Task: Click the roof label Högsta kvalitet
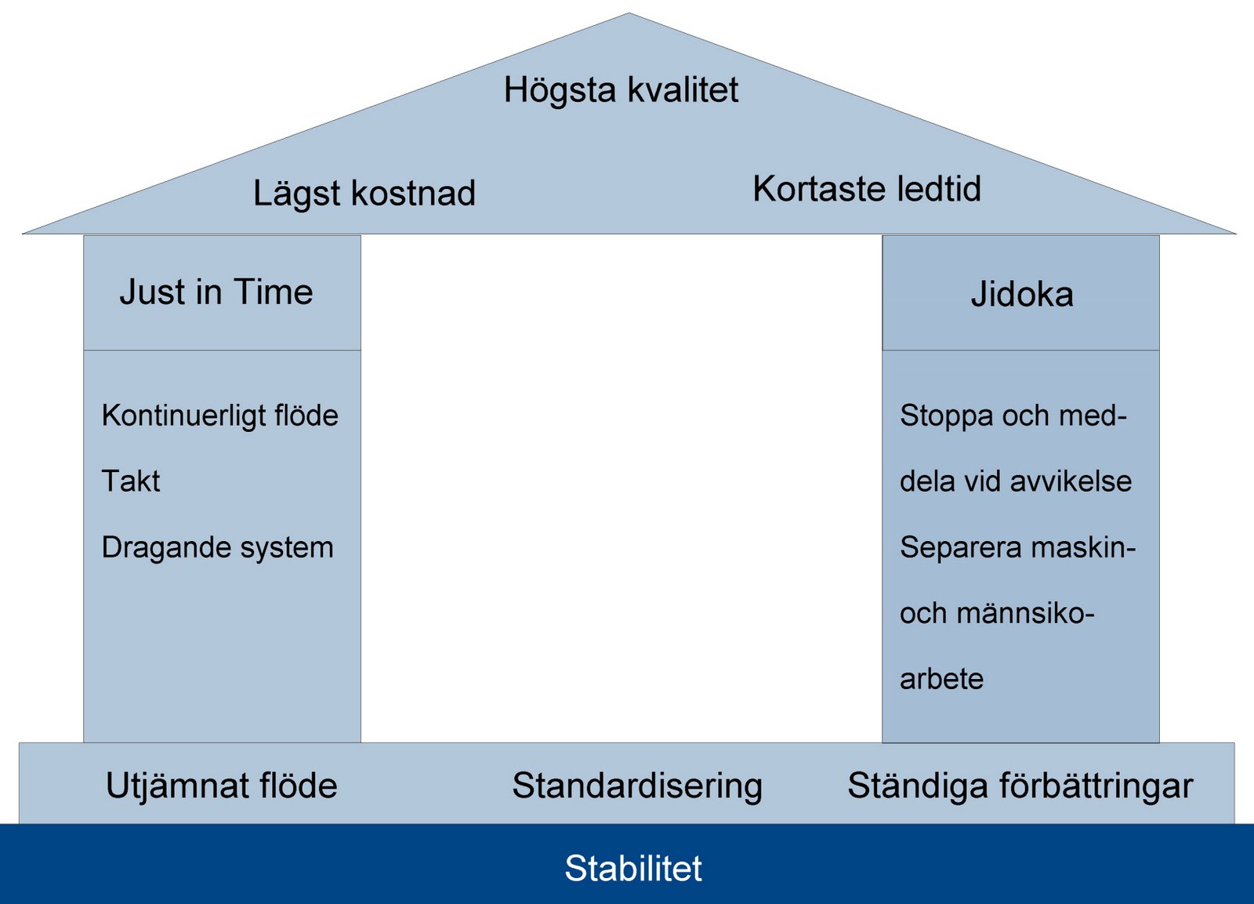point(621,90)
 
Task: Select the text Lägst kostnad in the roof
point(364,194)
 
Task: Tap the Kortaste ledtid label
point(867,189)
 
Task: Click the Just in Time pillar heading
point(216,292)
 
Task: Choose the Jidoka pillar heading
point(1022,295)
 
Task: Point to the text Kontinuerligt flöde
point(220,416)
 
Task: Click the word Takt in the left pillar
point(131,481)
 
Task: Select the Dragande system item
point(218,547)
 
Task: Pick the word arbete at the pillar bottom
point(941,679)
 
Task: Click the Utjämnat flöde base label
point(222,786)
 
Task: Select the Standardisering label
point(637,786)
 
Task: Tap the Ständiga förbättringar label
point(1020,786)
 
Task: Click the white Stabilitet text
point(633,869)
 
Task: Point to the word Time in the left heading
point(274,292)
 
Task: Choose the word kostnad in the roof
point(413,194)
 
